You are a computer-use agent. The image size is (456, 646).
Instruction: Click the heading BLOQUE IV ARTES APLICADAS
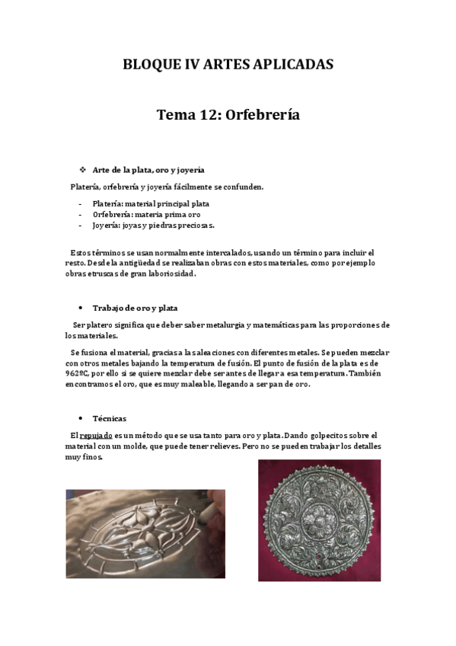228,65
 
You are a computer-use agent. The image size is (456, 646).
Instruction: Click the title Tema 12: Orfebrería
228,115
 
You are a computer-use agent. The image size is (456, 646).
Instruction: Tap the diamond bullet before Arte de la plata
82,169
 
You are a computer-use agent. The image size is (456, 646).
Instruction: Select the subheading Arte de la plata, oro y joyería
148,170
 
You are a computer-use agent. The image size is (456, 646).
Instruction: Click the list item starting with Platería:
151,203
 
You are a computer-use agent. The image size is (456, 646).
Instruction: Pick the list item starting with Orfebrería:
146,214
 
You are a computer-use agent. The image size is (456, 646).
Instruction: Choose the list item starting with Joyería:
153,225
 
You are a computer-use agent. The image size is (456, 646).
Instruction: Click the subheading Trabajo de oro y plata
135,308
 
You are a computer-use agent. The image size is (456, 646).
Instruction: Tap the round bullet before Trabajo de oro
81,308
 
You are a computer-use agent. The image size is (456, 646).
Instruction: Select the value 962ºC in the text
78,374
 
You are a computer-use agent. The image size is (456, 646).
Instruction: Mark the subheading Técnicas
110,418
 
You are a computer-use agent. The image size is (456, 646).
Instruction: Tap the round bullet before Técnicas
81,418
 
